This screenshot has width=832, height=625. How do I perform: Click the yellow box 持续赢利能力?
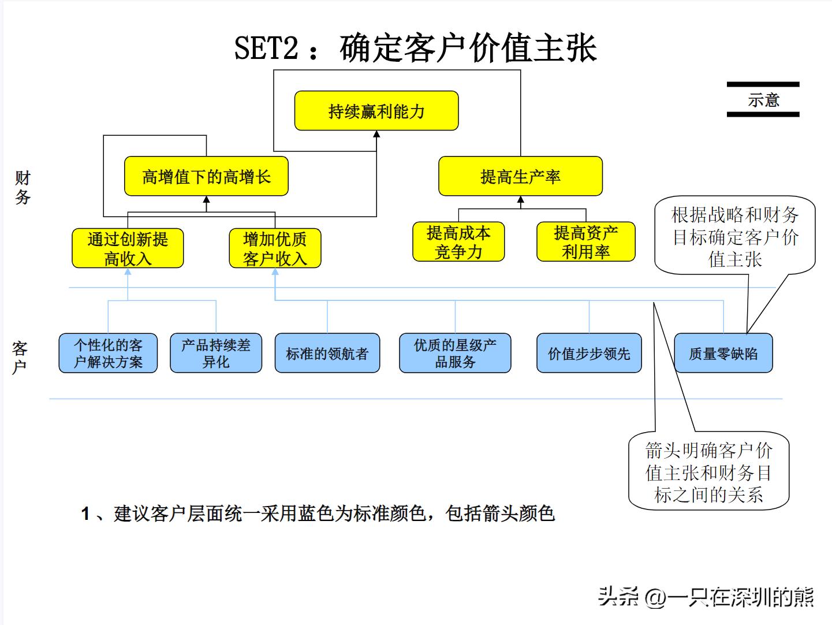(x=376, y=111)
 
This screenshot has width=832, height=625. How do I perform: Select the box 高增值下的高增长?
(x=206, y=176)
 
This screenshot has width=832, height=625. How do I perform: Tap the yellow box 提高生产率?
(x=520, y=176)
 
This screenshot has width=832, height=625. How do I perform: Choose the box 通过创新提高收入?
(x=128, y=248)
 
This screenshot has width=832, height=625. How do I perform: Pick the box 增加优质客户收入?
(x=275, y=248)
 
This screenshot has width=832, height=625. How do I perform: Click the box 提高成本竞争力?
(x=458, y=242)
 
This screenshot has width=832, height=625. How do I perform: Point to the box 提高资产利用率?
(x=585, y=242)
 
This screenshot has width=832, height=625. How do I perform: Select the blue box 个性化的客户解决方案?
(x=108, y=353)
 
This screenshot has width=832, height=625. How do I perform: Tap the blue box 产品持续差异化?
(x=216, y=353)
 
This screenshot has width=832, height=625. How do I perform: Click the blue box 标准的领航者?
(x=327, y=353)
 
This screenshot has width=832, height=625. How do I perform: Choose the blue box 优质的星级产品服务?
(x=455, y=353)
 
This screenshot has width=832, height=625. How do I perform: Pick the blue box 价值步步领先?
(x=589, y=353)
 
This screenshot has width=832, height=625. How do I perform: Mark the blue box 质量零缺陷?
(x=723, y=353)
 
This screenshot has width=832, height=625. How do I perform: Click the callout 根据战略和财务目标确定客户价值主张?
(x=735, y=237)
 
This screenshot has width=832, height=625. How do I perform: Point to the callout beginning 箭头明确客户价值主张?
(x=708, y=472)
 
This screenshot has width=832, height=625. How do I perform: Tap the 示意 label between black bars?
(x=763, y=100)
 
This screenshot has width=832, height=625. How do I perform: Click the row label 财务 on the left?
(x=23, y=187)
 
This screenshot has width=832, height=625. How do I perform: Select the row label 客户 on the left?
(x=20, y=357)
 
